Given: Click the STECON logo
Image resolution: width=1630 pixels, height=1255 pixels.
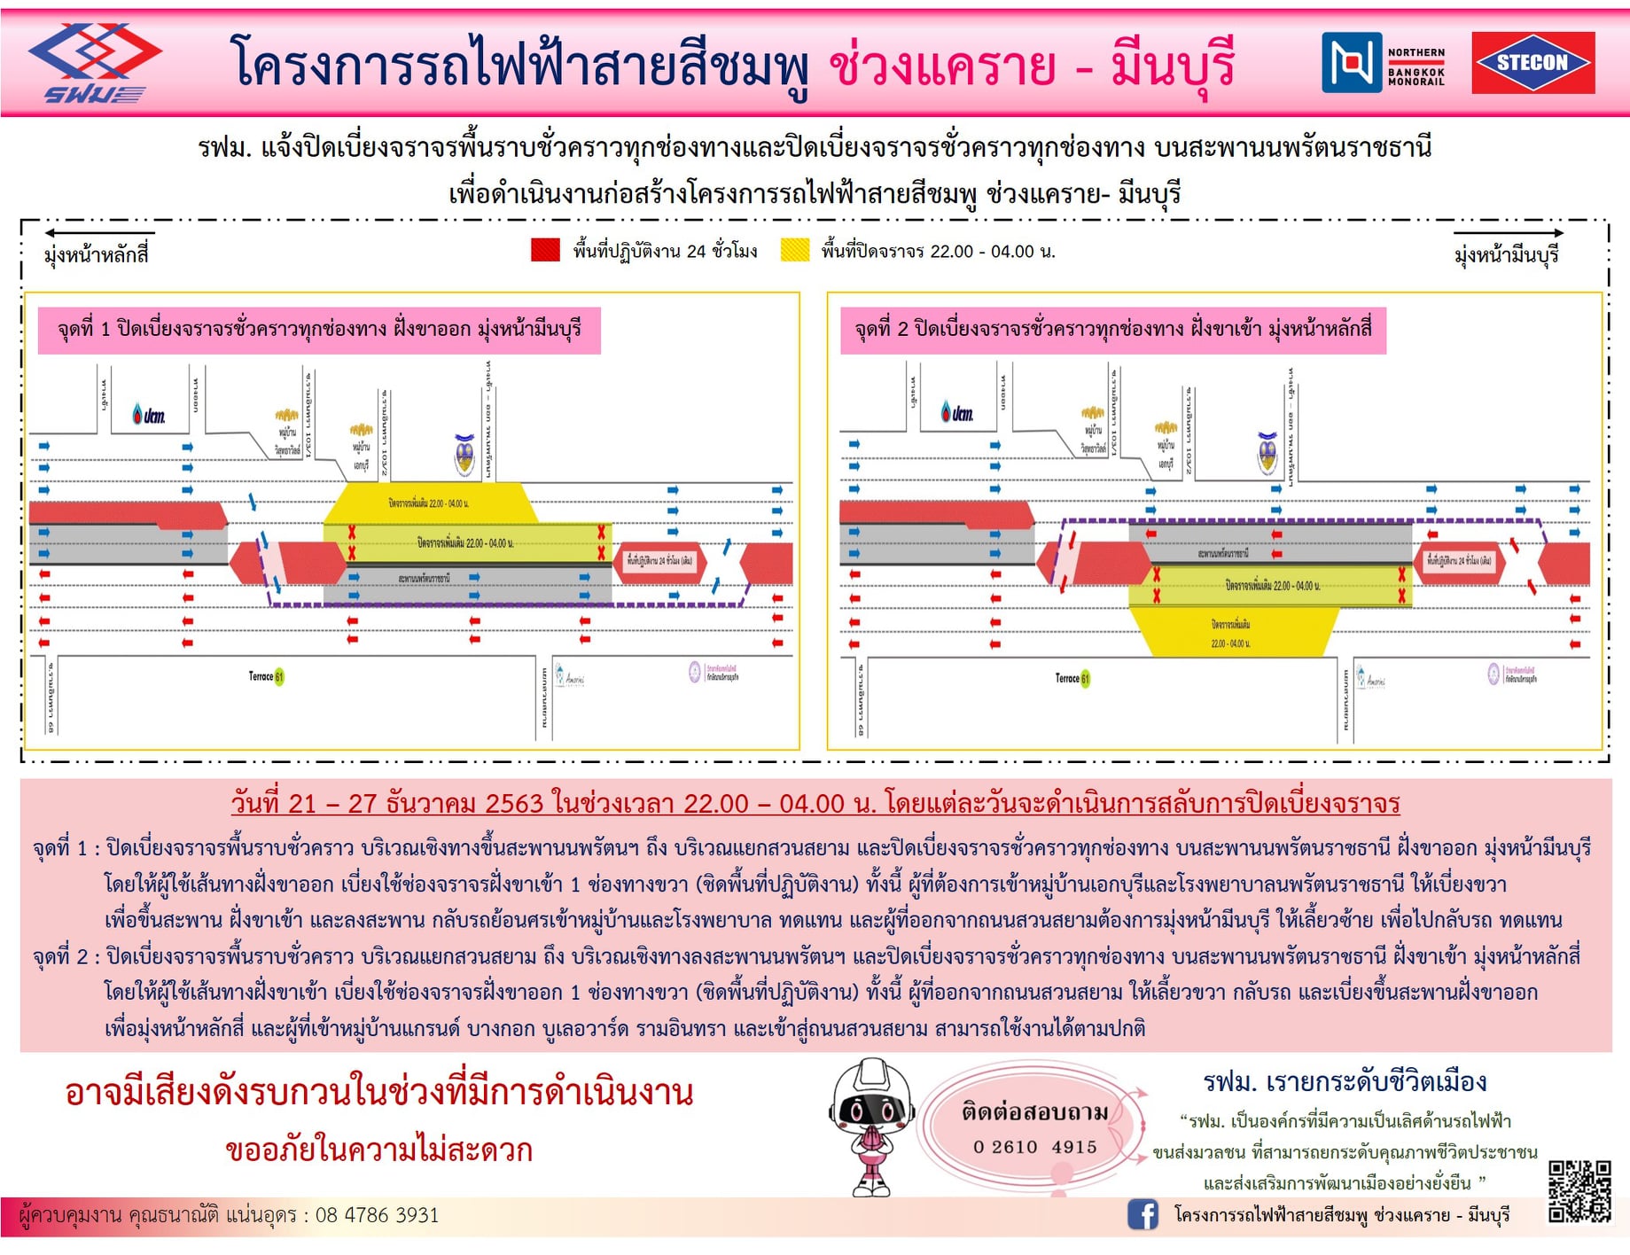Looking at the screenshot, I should [1533, 63].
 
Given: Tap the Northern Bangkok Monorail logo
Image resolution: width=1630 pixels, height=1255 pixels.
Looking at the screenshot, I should [1384, 63].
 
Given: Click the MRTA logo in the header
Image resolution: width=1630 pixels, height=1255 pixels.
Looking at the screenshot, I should [93, 63].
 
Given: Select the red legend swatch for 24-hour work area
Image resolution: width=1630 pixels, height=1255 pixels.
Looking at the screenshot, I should [545, 250].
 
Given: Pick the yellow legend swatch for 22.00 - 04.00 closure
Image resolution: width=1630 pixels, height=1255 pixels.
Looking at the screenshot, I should [794, 250].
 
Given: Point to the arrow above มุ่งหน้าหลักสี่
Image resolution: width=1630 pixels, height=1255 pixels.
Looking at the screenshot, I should [98, 233].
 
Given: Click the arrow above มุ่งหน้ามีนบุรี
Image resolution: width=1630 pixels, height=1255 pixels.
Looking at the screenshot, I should [1508, 233].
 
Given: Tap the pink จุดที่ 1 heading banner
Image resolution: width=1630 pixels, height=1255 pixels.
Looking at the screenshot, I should [319, 331].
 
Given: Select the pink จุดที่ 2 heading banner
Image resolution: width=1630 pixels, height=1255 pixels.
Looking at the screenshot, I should [1112, 331].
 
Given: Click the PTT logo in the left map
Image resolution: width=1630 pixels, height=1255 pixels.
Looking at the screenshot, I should [149, 414].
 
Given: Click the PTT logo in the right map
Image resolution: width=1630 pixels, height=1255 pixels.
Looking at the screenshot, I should [957, 412].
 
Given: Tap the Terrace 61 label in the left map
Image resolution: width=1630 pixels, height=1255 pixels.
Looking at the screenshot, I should [266, 677].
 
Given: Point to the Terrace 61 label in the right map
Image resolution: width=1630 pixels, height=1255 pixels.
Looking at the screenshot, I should [1072, 679].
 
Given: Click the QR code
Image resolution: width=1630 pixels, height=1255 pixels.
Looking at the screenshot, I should [1579, 1192].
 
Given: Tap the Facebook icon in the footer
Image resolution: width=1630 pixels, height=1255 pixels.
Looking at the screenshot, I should [1143, 1214].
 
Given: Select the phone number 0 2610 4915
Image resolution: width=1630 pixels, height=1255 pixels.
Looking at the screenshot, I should [1034, 1147].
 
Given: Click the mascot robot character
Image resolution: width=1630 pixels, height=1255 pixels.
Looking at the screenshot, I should [871, 1126].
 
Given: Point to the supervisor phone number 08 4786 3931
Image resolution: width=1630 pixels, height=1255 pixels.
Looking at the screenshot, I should [377, 1215].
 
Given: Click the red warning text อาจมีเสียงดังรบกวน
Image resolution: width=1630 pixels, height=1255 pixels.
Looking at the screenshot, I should [378, 1093].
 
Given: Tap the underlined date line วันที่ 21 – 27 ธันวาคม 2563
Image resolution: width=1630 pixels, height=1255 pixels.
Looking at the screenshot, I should [815, 803].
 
